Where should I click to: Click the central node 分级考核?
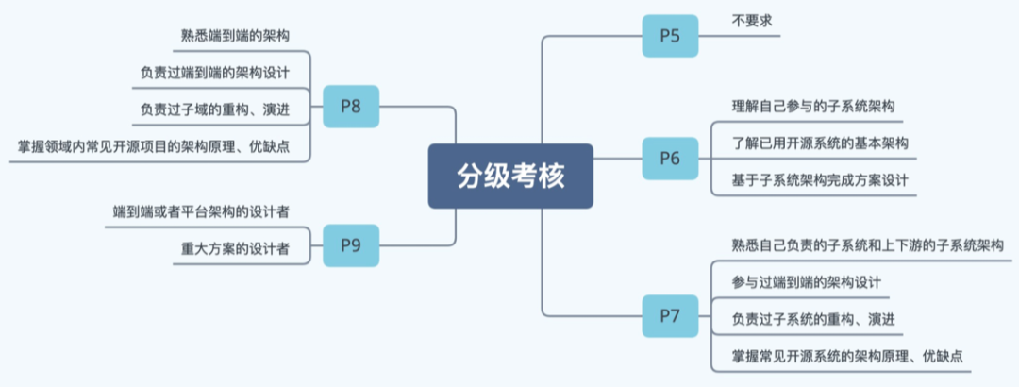pyautogui.click(x=510, y=176)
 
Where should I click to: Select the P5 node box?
pyautogui.click(x=670, y=37)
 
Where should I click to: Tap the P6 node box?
pyautogui.click(x=670, y=158)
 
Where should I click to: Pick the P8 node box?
pyautogui.click(x=350, y=107)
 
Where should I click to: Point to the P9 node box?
pyautogui.click(x=350, y=245)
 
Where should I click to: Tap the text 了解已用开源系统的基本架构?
pyautogui.click(x=819, y=143)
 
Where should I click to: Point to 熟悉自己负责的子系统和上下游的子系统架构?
pyautogui.click(x=867, y=245)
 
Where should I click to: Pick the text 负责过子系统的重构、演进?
pyautogui.click(x=812, y=319)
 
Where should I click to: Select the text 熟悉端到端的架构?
pyautogui.click(x=235, y=36)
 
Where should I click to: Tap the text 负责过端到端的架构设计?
pyautogui.click(x=214, y=73)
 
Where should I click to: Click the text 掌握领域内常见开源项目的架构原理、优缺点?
pyautogui.click(x=159, y=146)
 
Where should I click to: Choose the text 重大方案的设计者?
pyautogui.click(x=235, y=248)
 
